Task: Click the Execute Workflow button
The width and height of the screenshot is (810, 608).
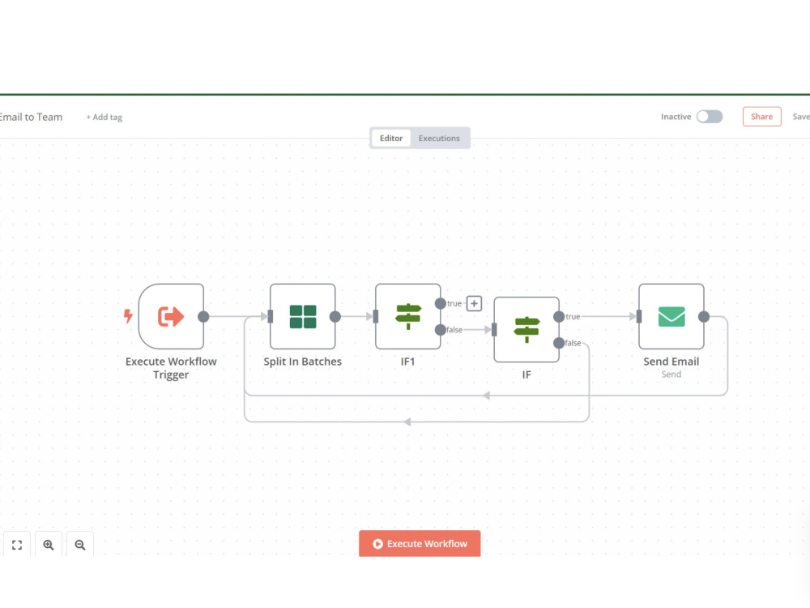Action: (x=420, y=543)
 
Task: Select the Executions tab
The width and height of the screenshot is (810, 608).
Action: (x=439, y=138)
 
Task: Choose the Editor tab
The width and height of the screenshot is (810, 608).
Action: (x=391, y=138)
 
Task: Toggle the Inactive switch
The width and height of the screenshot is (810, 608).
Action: (x=710, y=117)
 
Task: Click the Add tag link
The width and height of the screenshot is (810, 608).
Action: (x=104, y=118)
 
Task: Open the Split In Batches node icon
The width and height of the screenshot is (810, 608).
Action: (x=303, y=316)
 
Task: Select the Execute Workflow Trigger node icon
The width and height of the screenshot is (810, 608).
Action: (x=171, y=316)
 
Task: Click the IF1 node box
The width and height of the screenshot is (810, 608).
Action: (x=408, y=316)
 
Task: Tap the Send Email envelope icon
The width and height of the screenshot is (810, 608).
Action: (x=671, y=316)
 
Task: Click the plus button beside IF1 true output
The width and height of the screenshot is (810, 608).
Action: (x=474, y=303)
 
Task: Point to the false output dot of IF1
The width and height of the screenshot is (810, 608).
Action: (x=440, y=330)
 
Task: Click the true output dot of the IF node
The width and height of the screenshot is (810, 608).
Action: (x=559, y=317)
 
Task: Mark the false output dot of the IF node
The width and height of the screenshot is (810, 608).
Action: (x=559, y=343)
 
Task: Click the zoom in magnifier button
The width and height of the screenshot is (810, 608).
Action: (x=49, y=545)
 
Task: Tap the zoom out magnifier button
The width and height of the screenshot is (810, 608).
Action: (x=80, y=545)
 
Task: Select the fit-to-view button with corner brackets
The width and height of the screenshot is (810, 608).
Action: (x=17, y=545)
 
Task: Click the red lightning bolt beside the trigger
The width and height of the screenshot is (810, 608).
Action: (x=128, y=316)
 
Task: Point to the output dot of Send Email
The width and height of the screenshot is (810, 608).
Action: (x=704, y=317)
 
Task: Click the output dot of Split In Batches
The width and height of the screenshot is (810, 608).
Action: (x=335, y=317)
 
